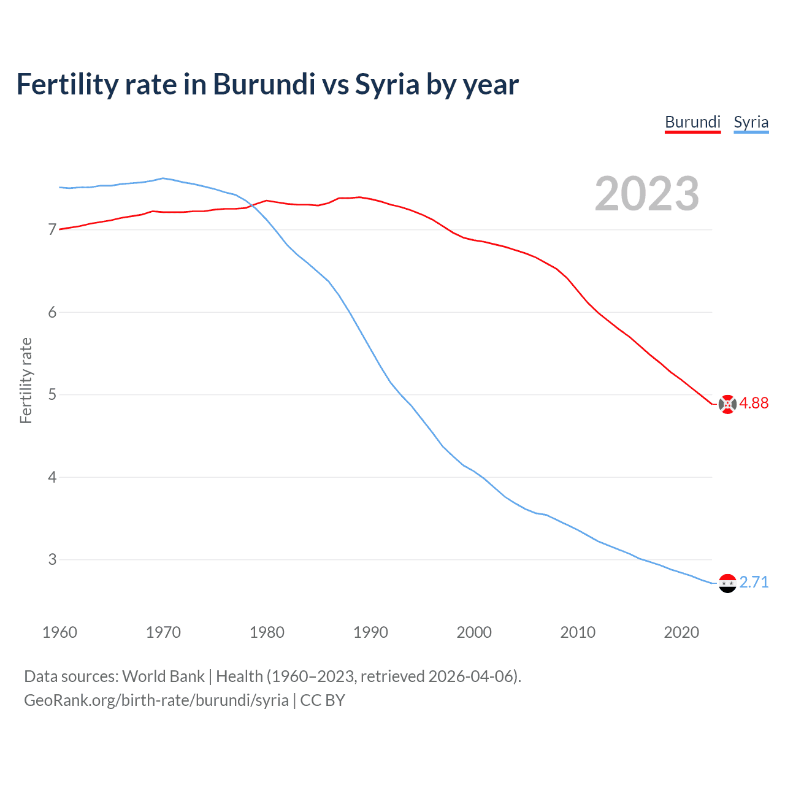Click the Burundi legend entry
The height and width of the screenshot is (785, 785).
[x=692, y=122]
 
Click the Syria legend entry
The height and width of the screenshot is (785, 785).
[x=751, y=122]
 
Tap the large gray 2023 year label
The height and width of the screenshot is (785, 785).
[x=646, y=194]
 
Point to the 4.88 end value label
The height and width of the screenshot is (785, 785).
[x=754, y=403]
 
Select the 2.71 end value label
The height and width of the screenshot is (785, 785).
[x=754, y=582]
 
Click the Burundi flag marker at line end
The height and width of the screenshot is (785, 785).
[x=727, y=404]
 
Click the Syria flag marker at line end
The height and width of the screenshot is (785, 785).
[x=727, y=583]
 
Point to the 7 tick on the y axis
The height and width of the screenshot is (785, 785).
[x=52, y=230]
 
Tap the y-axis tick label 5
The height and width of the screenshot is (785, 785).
[x=52, y=394]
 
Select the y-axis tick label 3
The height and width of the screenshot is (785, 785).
[x=52, y=559]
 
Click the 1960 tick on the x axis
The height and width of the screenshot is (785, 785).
[x=59, y=632]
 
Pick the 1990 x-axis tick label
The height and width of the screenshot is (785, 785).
[x=370, y=632]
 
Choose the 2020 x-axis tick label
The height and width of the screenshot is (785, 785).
[x=681, y=632]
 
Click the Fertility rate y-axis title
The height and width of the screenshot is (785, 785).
[x=26, y=380]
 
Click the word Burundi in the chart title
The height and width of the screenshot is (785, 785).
[x=264, y=84]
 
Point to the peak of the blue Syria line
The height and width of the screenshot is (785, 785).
[x=163, y=178]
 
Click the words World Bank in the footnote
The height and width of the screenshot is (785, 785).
[x=163, y=676]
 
